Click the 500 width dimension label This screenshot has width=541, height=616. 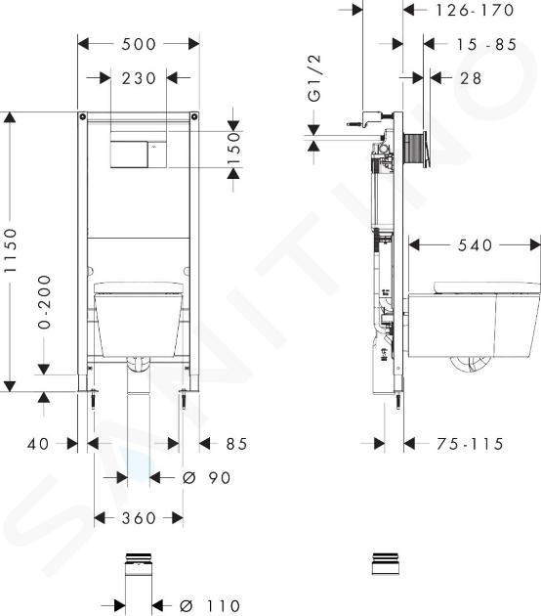139,44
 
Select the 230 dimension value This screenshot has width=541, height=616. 139,78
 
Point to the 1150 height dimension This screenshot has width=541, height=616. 11,251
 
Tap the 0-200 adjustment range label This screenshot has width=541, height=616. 44,302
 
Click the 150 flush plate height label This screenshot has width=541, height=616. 233,149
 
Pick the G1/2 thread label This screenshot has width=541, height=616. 314,78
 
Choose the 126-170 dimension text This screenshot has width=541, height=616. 475,10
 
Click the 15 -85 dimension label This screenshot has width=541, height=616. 486,44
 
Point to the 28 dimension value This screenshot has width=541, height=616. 471,78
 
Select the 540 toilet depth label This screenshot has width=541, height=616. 475,245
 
